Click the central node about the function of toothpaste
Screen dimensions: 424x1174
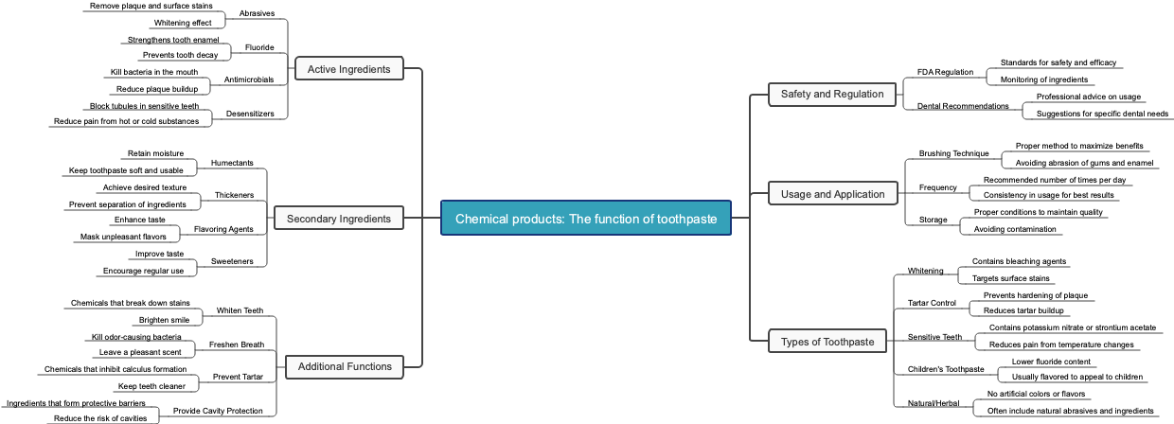point(586,219)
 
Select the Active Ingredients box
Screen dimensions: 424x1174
point(348,69)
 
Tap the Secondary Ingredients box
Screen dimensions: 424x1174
point(338,219)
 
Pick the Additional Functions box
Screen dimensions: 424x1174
point(345,366)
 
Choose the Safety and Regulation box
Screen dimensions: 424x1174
point(832,94)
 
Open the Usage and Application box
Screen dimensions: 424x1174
point(832,194)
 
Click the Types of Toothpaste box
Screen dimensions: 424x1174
point(827,341)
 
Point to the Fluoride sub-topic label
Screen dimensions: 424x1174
point(259,47)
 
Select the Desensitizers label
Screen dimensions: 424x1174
point(250,114)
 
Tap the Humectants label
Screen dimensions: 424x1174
point(232,163)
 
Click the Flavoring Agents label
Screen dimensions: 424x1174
point(223,229)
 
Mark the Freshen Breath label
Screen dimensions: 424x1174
point(236,344)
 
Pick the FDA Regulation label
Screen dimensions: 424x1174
point(945,72)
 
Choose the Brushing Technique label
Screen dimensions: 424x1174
point(953,153)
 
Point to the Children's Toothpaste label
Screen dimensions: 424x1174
point(946,369)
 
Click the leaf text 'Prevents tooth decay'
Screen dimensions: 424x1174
point(180,55)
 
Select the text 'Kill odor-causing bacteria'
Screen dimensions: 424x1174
point(136,337)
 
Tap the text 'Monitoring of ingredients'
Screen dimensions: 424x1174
point(1043,79)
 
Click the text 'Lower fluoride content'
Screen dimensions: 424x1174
point(1051,362)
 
